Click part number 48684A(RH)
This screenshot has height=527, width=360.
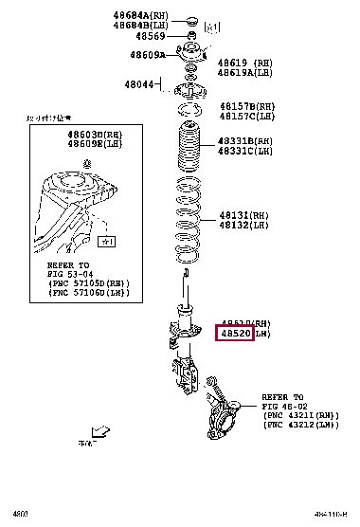coord(143,14)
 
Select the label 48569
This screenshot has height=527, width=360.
coord(151,36)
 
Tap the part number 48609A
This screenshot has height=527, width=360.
coord(150,56)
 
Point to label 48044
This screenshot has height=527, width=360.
coord(139,85)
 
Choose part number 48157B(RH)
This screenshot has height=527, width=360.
coord(247,106)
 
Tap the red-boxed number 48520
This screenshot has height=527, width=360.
coord(235,334)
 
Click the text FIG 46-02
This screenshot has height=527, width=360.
coord(282,407)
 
